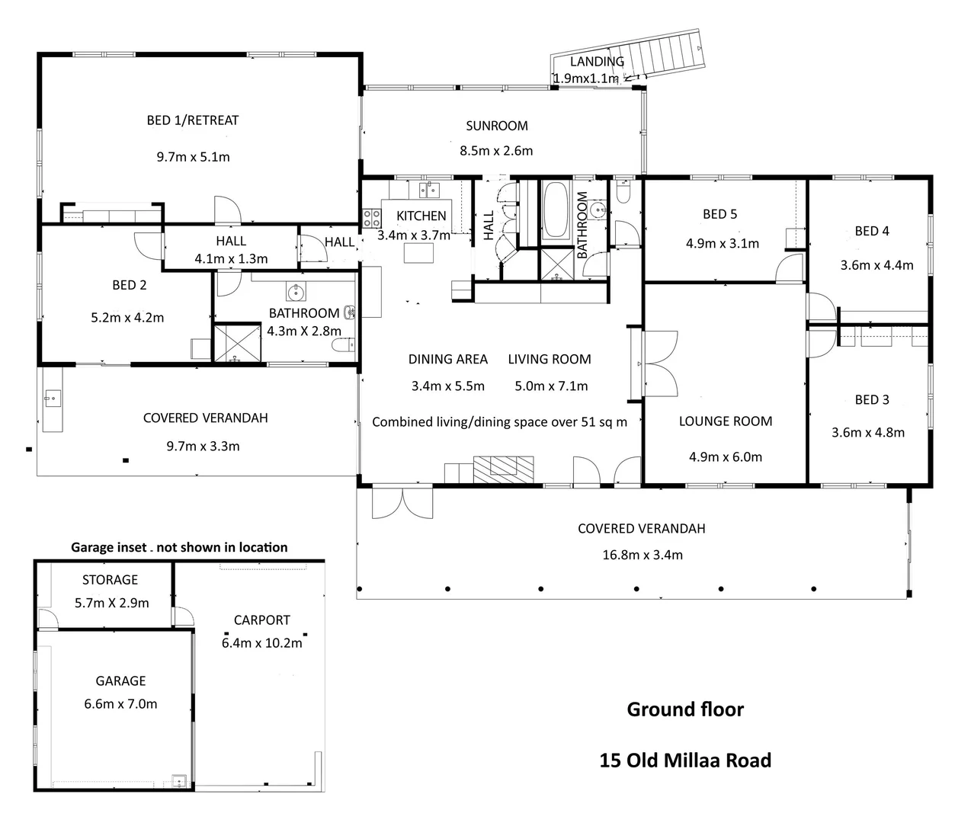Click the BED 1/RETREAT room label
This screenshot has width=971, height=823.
tap(193, 120)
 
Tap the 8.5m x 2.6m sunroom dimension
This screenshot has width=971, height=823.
tap(496, 151)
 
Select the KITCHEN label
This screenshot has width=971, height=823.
tap(421, 216)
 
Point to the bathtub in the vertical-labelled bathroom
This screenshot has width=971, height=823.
tap(555, 210)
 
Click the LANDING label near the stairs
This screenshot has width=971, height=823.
tap(597, 62)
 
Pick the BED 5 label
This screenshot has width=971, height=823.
tap(720, 214)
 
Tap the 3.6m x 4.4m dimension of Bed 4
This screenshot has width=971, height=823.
tap(876, 265)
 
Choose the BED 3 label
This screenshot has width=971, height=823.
tap(872, 400)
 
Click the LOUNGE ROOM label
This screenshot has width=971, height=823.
tap(726, 421)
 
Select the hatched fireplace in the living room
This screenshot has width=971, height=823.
tap(503, 469)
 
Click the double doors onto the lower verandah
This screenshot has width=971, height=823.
tap(402, 503)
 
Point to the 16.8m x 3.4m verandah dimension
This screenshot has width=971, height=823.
tap(643, 556)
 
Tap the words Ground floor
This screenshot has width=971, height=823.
tap(685, 709)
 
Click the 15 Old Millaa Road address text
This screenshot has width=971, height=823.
tap(685, 760)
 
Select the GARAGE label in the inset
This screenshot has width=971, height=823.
tap(120, 681)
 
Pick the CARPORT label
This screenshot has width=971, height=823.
tap(262, 620)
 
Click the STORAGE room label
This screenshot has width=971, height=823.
tap(110, 580)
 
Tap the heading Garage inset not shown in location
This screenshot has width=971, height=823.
tap(179, 547)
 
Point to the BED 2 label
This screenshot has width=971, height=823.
tap(129, 285)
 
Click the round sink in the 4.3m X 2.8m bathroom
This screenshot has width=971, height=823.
tap(296, 292)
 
